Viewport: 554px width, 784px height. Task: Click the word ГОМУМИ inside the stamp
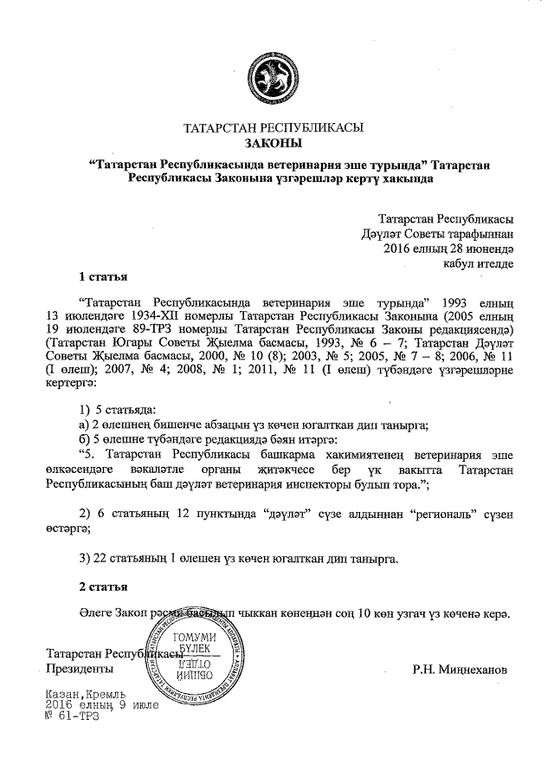coord(195,639)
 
